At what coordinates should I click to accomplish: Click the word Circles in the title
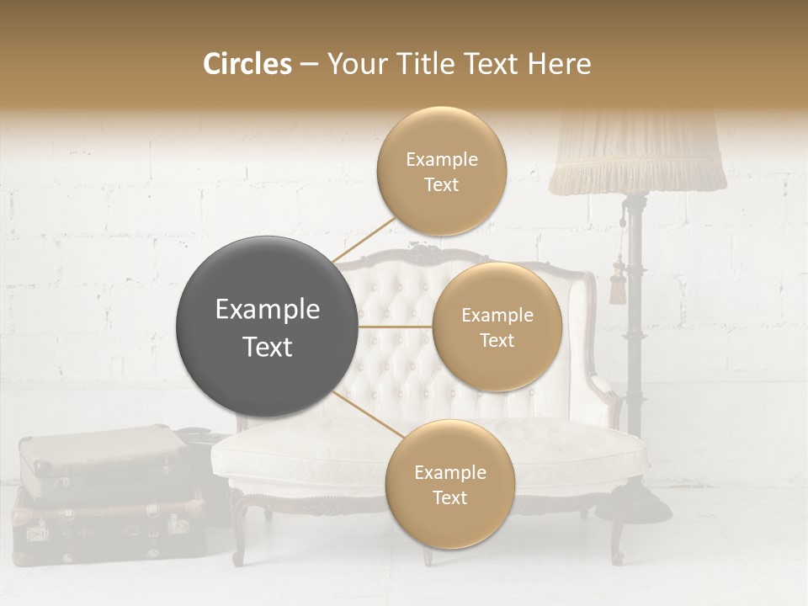(x=247, y=64)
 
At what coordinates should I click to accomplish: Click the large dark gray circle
(x=267, y=327)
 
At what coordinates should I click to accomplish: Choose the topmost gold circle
(x=441, y=171)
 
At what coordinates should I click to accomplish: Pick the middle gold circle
(x=497, y=327)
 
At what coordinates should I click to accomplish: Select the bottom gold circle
(x=449, y=484)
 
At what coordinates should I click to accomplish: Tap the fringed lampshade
(x=637, y=156)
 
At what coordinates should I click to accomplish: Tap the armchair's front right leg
(x=618, y=539)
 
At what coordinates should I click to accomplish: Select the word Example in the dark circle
(x=267, y=310)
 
